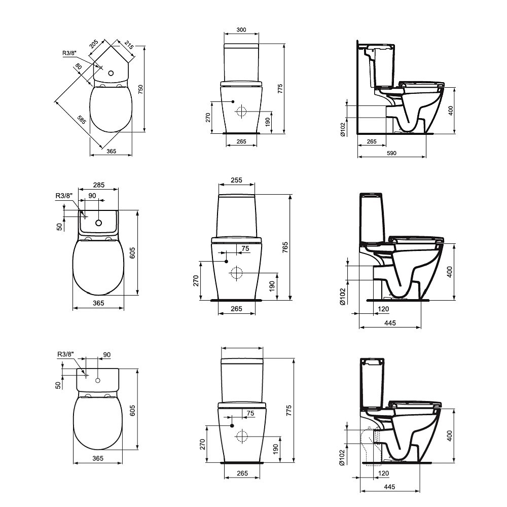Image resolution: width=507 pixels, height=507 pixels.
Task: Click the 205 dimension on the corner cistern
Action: pyautogui.click(x=94, y=44)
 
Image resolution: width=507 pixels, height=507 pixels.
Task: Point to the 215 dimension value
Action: pyautogui.click(x=129, y=45)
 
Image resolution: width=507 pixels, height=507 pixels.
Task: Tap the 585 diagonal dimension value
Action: pyautogui.click(x=82, y=120)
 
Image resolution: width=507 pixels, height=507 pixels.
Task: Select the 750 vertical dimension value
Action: pyautogui.click(x=140, y=90)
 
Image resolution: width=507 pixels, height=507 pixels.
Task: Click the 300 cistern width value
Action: pyautogui.click(x=241, y=30)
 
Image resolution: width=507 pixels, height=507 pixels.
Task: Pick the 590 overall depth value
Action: pyautogui.click(x=391, y=153)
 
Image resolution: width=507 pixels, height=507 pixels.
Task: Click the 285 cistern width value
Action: pyautogui.click(x=99, y=185)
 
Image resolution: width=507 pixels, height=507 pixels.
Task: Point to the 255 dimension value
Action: pyautogui.click(x=236, y=180)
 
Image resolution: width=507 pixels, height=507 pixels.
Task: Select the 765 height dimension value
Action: pyautogui.click(x=285, y=247)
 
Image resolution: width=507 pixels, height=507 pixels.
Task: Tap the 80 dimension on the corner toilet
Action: pyautogui.click(x=78, y=66)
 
